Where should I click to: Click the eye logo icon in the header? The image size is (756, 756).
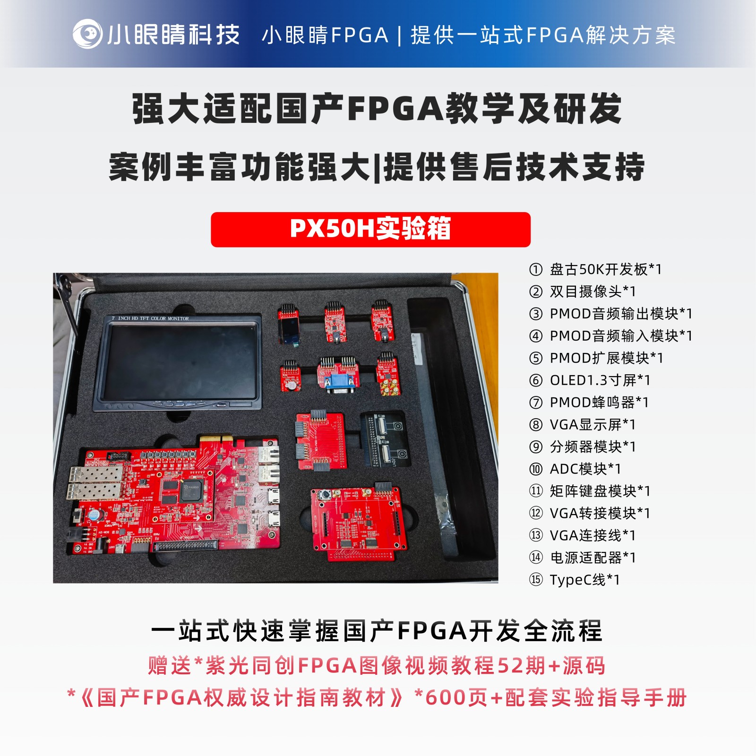tap(87, 34)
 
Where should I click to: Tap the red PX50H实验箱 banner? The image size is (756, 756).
tap(370, 230)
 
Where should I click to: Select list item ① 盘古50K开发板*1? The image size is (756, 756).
tap(595, 269)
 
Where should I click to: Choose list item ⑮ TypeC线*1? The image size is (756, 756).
tap(574, 579)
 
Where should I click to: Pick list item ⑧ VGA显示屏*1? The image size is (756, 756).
tap(582, 424)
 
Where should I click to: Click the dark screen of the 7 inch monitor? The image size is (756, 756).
tap(180, 361)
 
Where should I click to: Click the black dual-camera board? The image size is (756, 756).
tap(385, 440)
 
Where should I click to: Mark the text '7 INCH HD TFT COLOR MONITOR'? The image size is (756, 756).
tap(150, 318)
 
